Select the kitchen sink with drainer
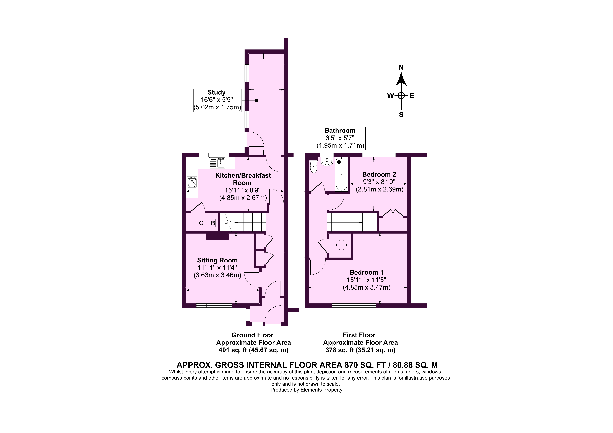pyautogui.click(x=217, y=163)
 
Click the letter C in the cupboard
pyautogui.click(x=201, y=223)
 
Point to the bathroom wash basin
pyautogui.click(x=327, y=161)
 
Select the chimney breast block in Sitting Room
pyautogui.click(x=217, y=236)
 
